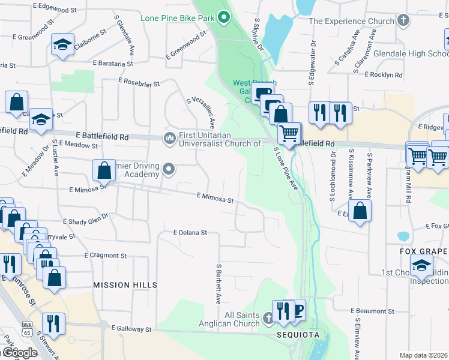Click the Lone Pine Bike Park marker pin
pyautogui.click(x=223, y=17)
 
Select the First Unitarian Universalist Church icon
pyautogui.click(x=169, y=139)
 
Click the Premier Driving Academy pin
pyautogui.click(x=169, y=170)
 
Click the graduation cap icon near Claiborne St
pyautogui.click(x=62, y=45)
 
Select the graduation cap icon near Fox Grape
pyautogui.click(x=421, y=265)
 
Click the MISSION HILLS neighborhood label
pyautogui.click(x=121, y=286)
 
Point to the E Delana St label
pyautogui.click(x=190, y=232)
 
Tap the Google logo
pyautogui.click(x=19, y=352)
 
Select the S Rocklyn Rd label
pyautogui.click(x=378, y=75)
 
